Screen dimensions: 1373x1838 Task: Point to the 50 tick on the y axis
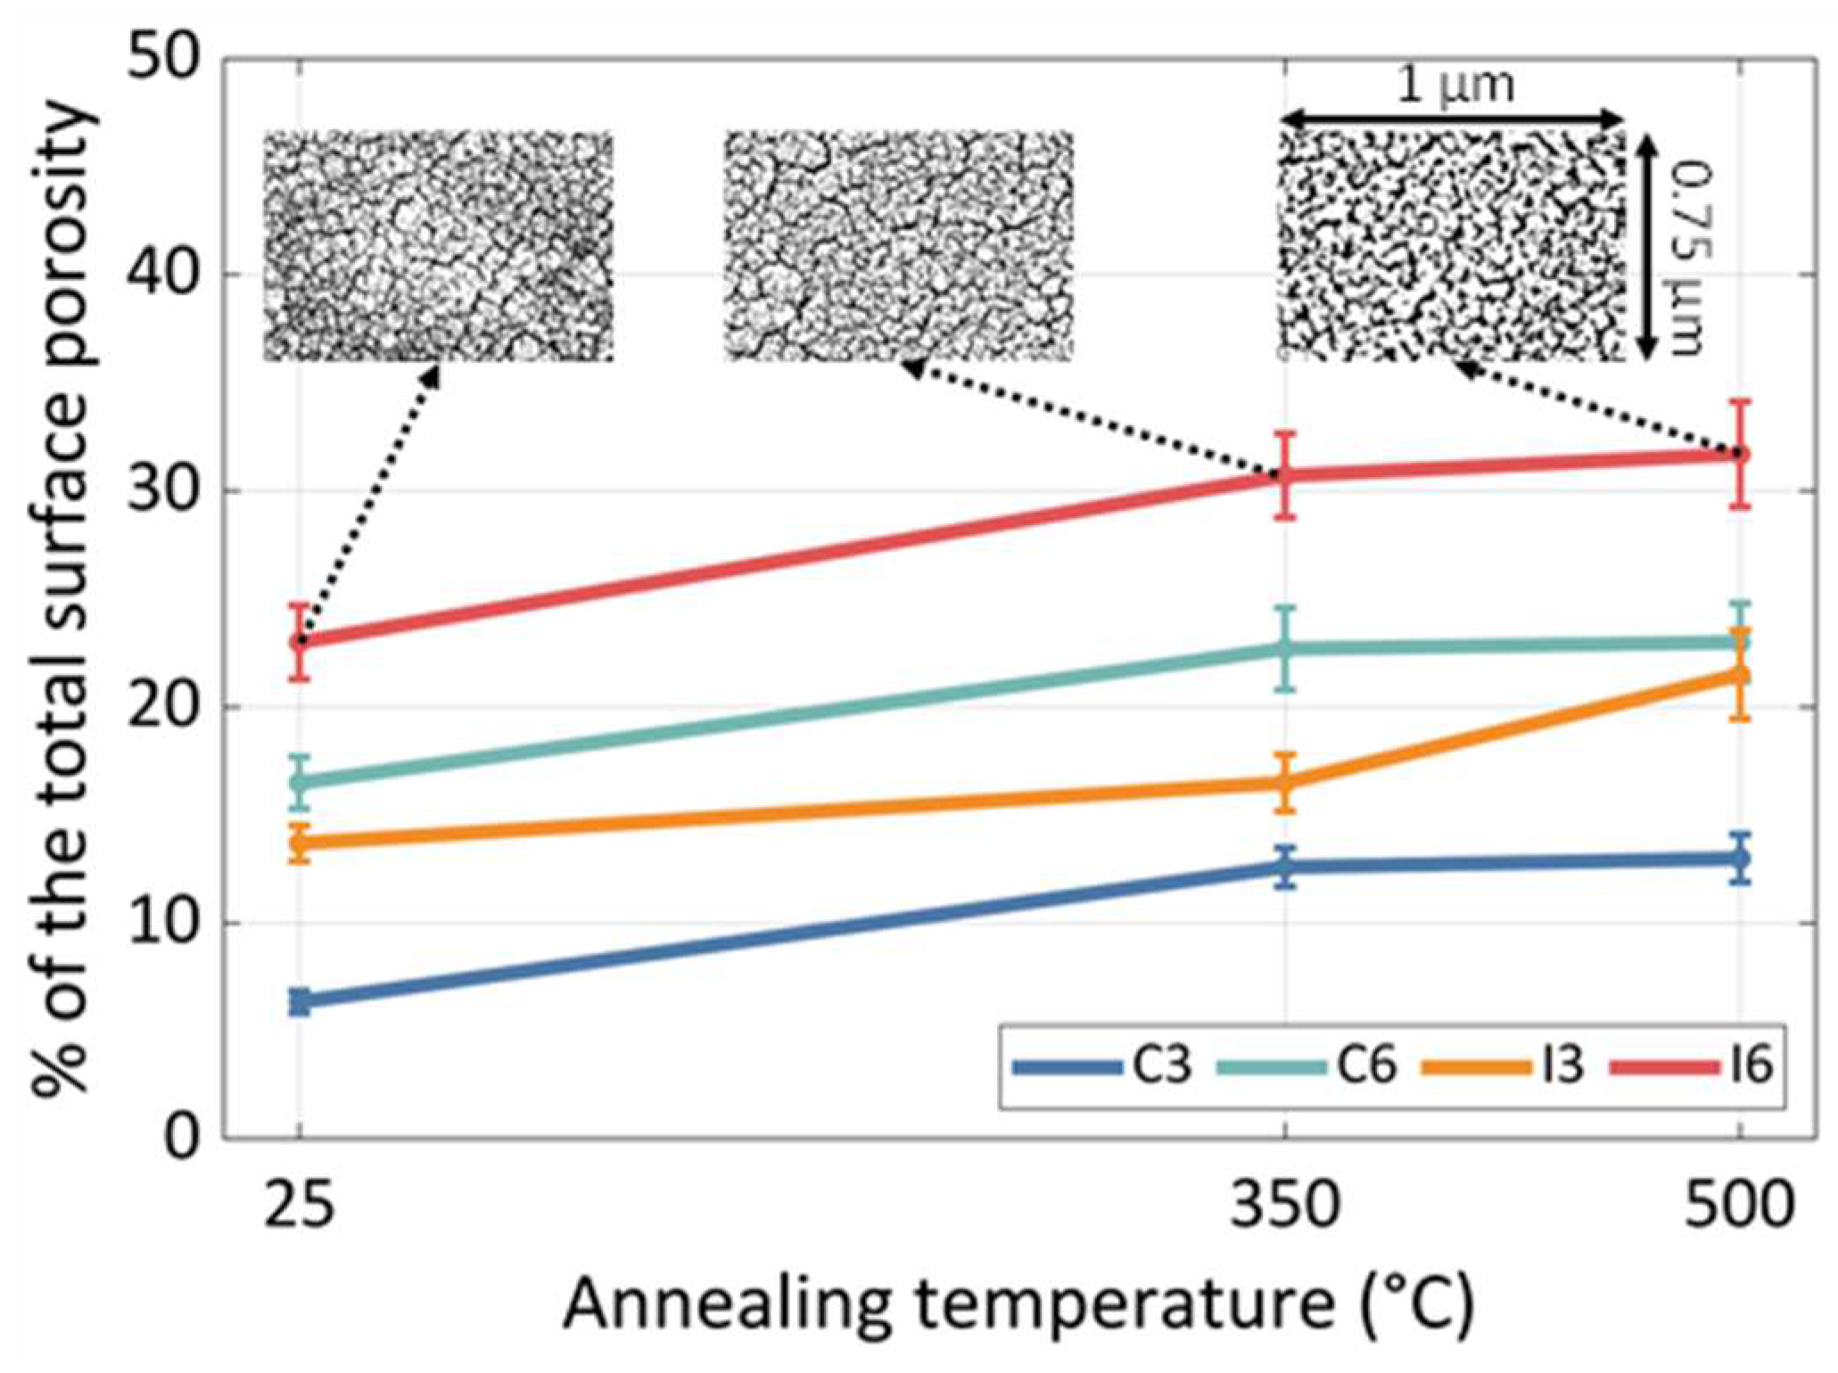(165, 61)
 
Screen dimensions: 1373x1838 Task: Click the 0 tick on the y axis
(183, 1139)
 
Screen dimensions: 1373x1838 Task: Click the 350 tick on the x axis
(1284, 1205)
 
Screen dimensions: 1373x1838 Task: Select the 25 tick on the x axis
(300, 1205)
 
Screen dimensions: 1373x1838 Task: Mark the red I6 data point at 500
(1740, 455)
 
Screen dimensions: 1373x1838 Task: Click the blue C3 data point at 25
(300, 1002)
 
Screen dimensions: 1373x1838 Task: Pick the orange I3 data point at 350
(1285, 783)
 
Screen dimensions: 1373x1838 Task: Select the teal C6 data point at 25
(300, 782)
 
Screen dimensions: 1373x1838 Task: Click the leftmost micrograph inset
(439, 246)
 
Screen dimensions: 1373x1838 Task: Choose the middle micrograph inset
(898, 246)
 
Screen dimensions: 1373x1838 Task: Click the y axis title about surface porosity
(62, 597)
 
